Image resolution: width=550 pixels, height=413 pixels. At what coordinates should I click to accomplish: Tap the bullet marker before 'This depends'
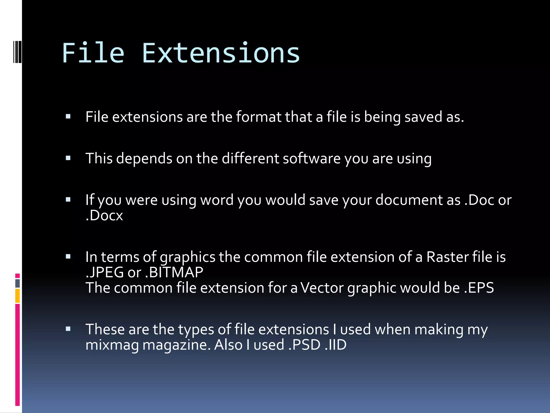pos(68,158)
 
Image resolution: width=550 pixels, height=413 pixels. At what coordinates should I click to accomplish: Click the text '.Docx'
pos(104,216)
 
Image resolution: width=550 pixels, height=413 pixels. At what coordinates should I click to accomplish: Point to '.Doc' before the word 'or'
pos(479,200)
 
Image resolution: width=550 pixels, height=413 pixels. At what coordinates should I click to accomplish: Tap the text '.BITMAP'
pos(174,272)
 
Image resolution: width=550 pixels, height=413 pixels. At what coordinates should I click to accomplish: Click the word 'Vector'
pos(322,288)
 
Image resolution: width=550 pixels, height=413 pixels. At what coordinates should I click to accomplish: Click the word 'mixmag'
pos(112,345)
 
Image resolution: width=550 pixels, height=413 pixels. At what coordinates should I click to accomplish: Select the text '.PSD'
pos(304,345)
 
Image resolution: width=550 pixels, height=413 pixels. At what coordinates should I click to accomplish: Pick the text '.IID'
pos(335,345)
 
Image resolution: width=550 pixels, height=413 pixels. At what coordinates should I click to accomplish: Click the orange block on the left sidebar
pos(17,296)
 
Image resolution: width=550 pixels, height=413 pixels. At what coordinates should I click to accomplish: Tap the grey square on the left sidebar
pos(17,283)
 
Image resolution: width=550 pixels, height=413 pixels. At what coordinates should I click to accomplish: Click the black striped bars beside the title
pos(17,51)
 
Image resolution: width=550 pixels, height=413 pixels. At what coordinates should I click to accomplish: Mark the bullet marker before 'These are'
pos(68,329)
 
